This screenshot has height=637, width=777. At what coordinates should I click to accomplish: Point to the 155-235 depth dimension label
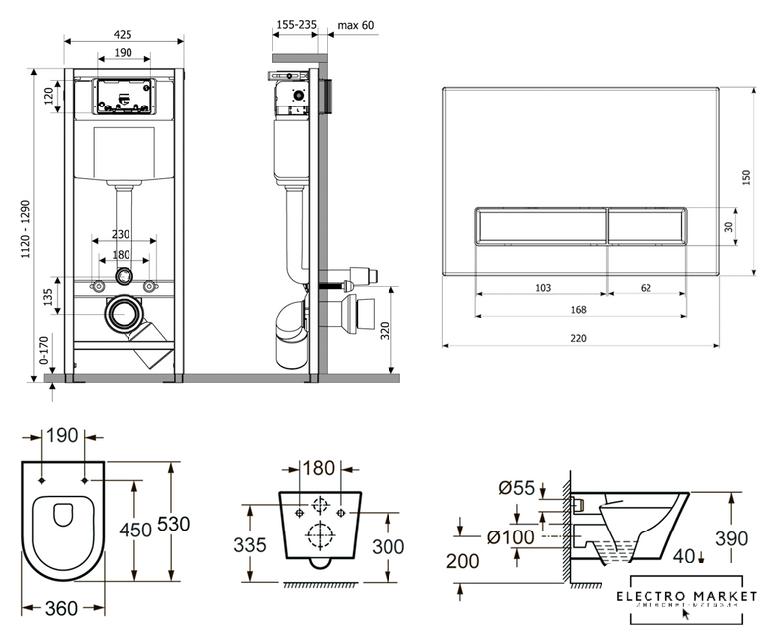[296, 25]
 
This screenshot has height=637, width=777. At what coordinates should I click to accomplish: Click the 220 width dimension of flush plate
[579, 338]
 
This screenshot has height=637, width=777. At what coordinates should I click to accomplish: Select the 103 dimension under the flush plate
[542, 287]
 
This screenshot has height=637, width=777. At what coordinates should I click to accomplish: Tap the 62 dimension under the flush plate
[647, 287]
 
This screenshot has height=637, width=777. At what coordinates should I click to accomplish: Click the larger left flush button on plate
[541, 227]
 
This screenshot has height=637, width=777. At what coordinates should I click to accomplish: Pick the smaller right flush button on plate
[647, 227]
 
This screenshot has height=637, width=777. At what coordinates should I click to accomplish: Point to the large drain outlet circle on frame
[124, 316]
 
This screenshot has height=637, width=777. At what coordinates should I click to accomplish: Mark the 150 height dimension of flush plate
[746, 177]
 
